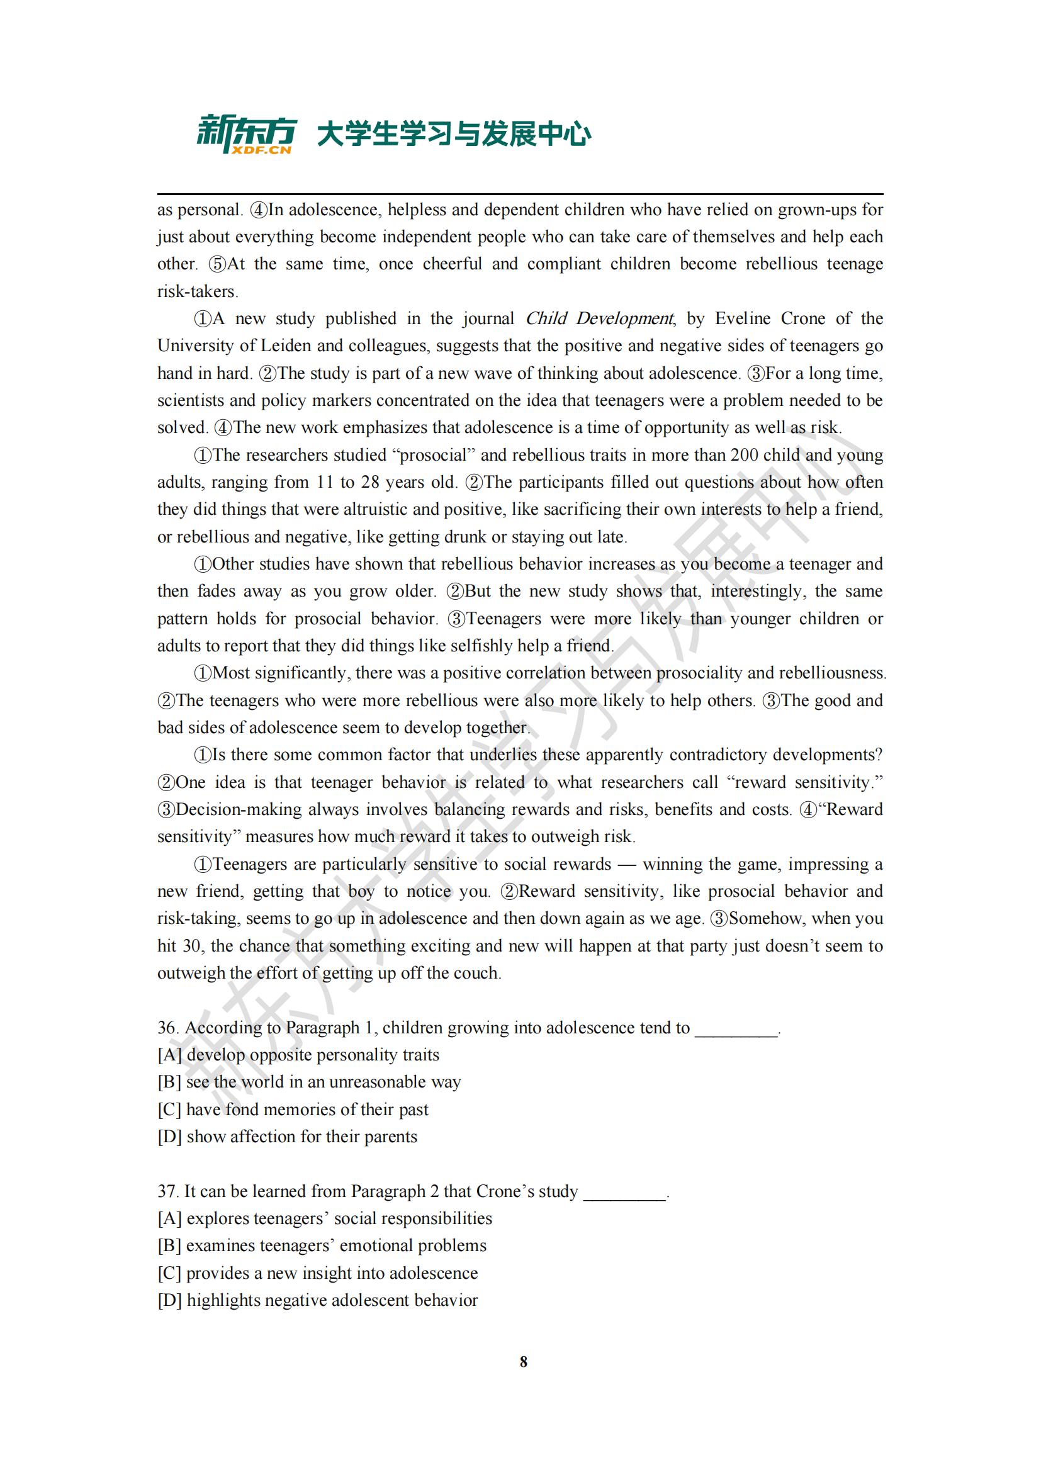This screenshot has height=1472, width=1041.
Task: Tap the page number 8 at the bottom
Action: tap(523, 1362)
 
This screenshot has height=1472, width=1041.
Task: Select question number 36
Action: tap(167, 1028)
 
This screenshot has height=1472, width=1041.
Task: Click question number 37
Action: tap(167, 1191)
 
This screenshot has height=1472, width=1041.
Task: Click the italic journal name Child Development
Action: tap(599, 318)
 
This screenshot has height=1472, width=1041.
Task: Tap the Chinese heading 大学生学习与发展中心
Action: tap(454, 135)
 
